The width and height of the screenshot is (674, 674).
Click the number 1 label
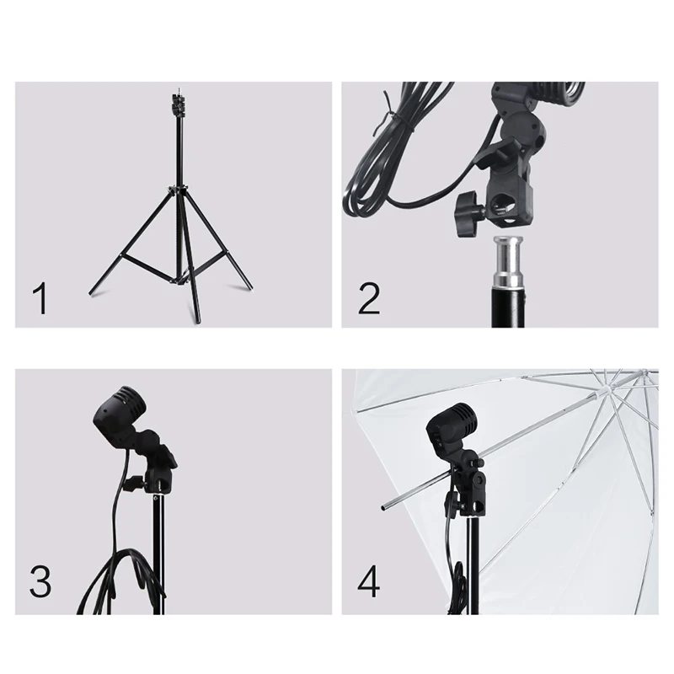pyautogui.click(x=40, y=299)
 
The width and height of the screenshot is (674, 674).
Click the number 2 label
pyautogui.click(x=369, y=299)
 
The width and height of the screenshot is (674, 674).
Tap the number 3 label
pyautogui.click(x=40, y=581)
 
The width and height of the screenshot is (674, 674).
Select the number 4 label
pyautogui.click(x=369, y=581)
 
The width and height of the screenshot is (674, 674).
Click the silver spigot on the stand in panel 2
pyautogui.click(x=509, y=261)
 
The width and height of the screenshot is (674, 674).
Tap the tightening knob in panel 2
pyautogui.click(x=468, y=213)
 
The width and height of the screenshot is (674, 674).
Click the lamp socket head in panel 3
pyautogui.click(x=117, y=413)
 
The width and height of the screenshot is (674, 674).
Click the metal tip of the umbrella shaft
pyautogui.click(x=383, y=508)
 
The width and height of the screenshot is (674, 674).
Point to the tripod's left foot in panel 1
pyautogui.click(x=91, y=293)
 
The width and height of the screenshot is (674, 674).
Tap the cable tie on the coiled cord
pyautogui.click(x=394, y=116)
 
